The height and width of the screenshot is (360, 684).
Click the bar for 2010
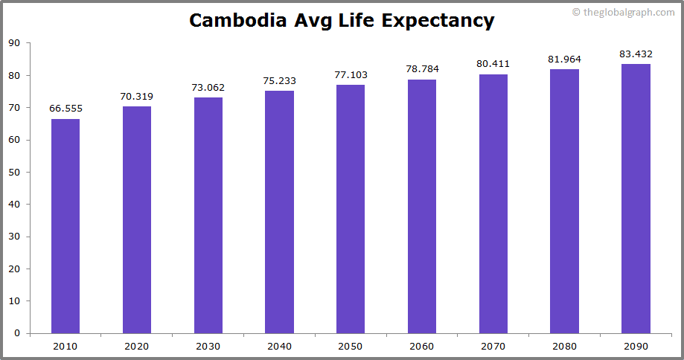pyautogui.click(x=65, y=226)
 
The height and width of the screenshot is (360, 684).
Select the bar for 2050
pyautogui.click(x=351, y=209)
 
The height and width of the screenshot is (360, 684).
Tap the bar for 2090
pyautogui.click(x=636, y=199)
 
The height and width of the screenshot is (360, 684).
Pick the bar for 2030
pyautogui.click(x=208, y=216)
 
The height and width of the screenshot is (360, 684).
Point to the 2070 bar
pyautogui.click(x=493, y=204)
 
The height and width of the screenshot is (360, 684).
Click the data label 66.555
pyautogui.click(x=65, y=109)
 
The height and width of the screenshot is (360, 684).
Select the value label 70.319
pyautogui.click(x=137, y=96)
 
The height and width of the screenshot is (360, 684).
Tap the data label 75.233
pyautogui.click(x=279, y=80)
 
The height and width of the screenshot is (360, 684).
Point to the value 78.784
pyautogui.click(x=422, y=69)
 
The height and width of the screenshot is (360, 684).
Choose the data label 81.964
pyautogui.click(x=564, y=59)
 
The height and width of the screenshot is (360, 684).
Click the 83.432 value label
pyautogui.click(x=636, y=54)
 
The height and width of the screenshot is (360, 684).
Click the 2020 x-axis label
pyautogui.click(x=137, y=346)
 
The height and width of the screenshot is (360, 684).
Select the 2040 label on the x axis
pyautogui.click(x=279, y=346)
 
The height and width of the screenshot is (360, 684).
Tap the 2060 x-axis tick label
pyautogui.click(x=422, y=346)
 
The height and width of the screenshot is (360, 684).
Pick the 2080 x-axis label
pyautogui.click(x=564, y=346)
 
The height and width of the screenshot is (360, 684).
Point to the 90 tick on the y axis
pyautogui.click(x=14, y=43)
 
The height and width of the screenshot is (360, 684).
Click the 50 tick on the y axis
pyautogui.click(x=14, y=173)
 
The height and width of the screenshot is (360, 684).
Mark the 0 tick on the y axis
pyautogui.click(x=17, y=333)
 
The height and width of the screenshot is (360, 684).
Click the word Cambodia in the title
pyautogui.click(x=235, y=20)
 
